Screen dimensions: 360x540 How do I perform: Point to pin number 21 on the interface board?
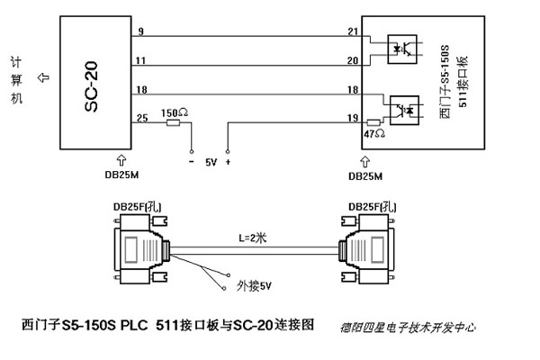pyautogui.click(x=352, y=33)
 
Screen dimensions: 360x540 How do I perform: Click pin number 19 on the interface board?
pyautogui.click(x=352, y=117)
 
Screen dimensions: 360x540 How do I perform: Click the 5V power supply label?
pyautogui.click(x=211, y=163)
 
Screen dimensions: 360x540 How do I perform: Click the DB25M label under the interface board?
pyautogui.click(x=364, y=175)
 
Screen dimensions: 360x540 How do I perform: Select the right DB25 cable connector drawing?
pyautogui.click(x=368, y=249)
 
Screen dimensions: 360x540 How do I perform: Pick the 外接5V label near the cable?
pyautogui.click(x=255, y=288)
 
